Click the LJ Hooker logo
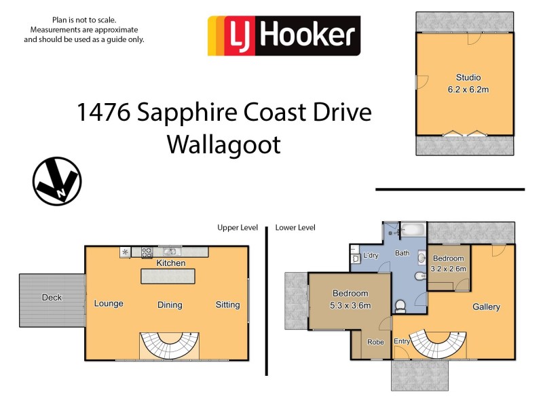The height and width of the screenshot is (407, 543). (284, 35)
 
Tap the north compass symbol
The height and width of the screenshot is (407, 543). (57, 181)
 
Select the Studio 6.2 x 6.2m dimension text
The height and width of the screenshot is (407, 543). (468, 90)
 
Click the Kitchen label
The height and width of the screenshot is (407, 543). (170, 263)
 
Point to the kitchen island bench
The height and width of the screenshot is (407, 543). (167, 277)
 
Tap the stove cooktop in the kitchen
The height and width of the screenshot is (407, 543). (147, 252)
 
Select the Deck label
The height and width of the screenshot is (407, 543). (52, 297)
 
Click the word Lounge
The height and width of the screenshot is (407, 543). (109, 303)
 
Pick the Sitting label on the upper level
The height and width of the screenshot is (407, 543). (227, 305)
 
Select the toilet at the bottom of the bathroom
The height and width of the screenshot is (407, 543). (400, 306)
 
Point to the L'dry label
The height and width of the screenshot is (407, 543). (371, 256)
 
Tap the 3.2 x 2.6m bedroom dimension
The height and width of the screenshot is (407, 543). (448, 269)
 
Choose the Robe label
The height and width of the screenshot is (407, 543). (375, 342)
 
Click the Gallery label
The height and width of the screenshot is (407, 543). (486, 307)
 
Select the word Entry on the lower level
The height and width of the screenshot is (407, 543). (402, 341)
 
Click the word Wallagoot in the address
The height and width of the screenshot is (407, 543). (223, 144)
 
